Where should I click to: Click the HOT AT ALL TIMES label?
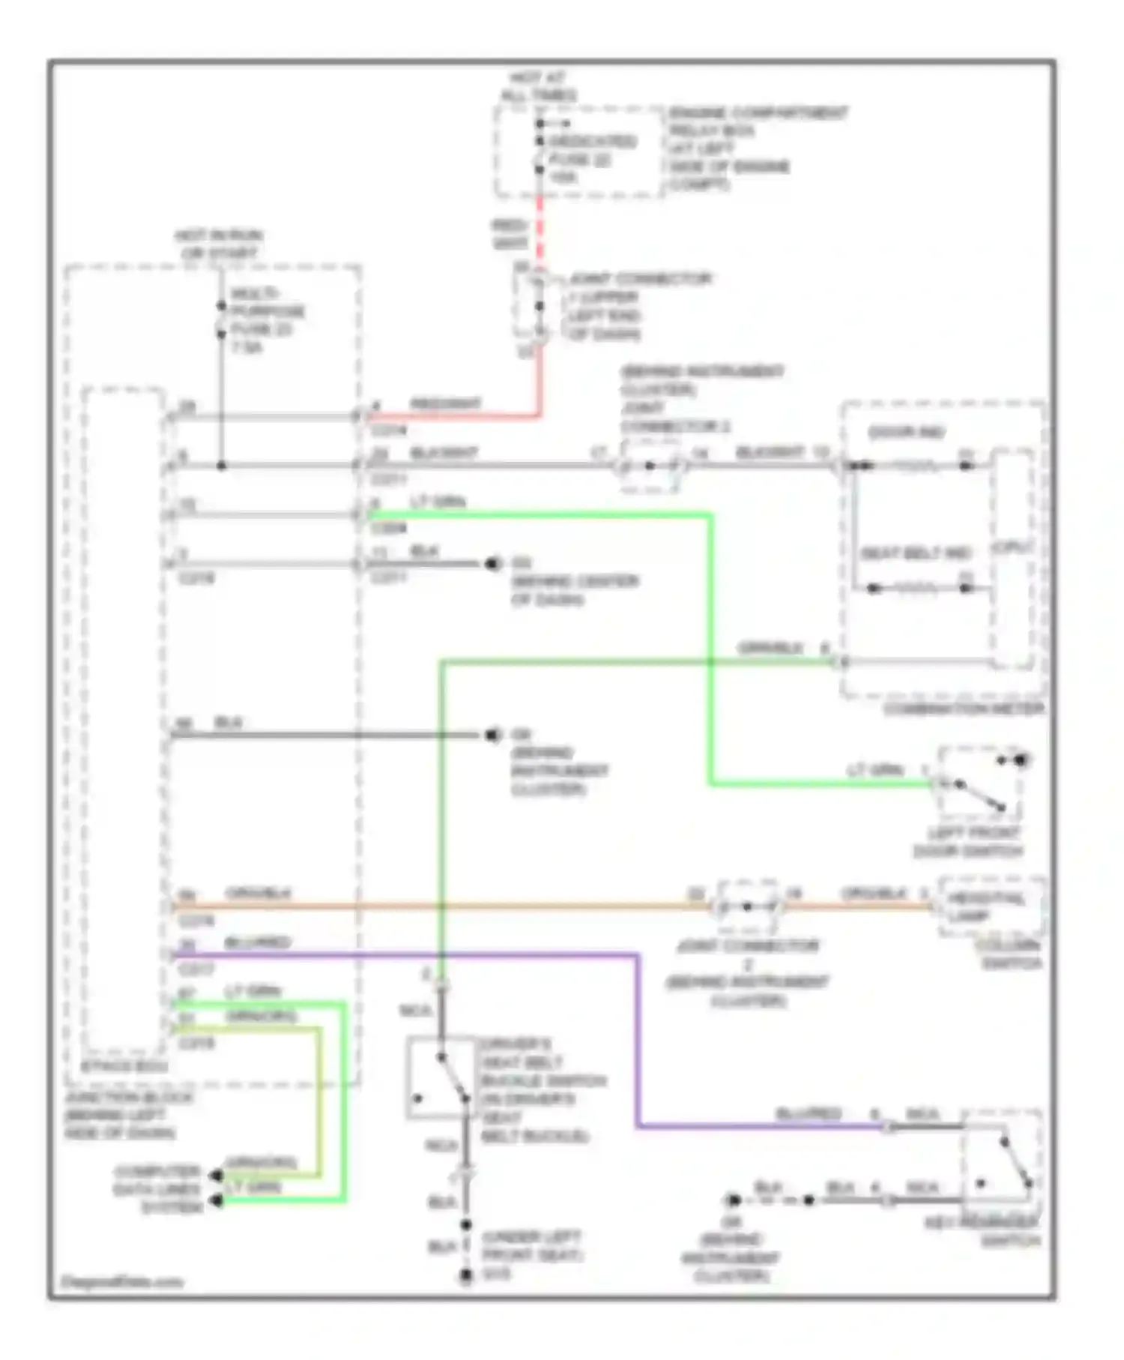coord(539,86)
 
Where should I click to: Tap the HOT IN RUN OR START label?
coord(219,244)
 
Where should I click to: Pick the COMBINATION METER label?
coord(964,708)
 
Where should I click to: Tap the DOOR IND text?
coord(906,433)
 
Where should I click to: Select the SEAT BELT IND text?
coord(915,554)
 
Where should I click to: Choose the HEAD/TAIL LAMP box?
coord(988,906)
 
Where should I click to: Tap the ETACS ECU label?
coord(124,1066)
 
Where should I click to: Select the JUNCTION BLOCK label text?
coord(120,1115)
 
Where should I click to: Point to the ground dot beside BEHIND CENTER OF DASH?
coord(492,564)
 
